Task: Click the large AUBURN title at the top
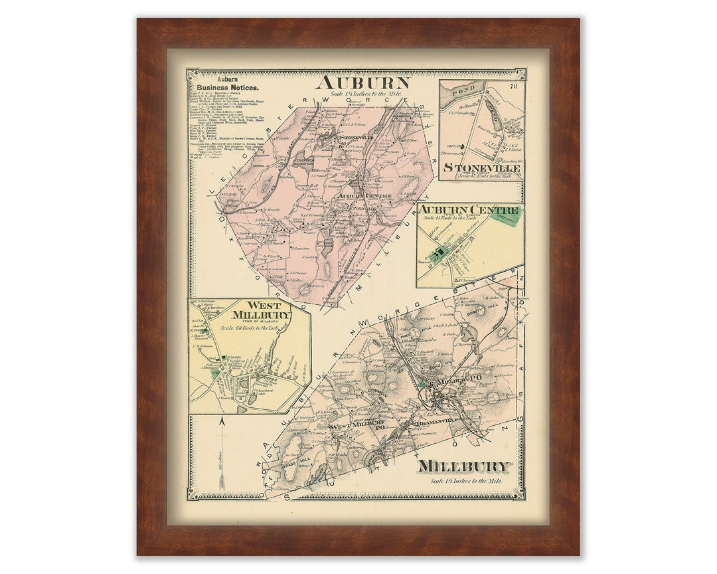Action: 363,82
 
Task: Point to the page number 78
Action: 513,86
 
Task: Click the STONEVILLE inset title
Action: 482,168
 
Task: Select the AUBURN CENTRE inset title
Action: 469,210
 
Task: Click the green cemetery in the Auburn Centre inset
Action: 509,217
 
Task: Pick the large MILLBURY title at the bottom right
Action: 464,466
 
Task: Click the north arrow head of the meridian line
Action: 222,420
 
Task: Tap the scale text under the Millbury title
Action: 466,481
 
